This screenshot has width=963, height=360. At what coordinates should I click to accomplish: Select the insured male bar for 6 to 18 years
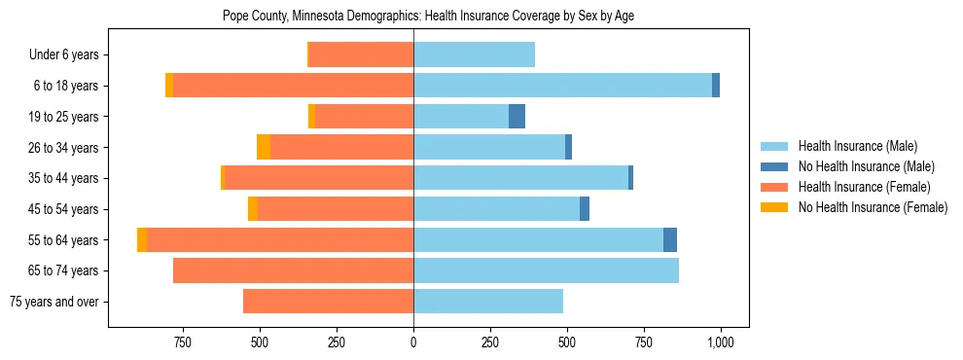(562, 86)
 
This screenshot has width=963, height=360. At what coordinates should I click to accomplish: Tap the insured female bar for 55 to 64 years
(280, 240)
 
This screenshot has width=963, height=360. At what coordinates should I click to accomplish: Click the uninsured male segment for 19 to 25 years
(517, 117)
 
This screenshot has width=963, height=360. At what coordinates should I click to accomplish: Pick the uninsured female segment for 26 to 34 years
(264, 147)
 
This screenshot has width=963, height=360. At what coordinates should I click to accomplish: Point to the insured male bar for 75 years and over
(488, 302)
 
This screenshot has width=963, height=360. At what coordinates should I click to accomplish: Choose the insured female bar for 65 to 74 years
(293, 270)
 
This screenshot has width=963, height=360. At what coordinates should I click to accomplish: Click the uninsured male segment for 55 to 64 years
(670, 240)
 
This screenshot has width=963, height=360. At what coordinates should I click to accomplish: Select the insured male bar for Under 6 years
(474, 54)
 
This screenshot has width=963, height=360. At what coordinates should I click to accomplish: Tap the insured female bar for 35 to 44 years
(319, 178)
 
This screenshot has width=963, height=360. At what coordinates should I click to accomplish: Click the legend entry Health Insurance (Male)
(857, 146)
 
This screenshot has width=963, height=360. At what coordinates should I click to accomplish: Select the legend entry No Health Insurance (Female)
(873, 207)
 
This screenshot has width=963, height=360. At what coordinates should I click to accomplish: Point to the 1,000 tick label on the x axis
(721, 342)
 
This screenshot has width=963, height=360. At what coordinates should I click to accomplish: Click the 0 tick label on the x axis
(413, 342)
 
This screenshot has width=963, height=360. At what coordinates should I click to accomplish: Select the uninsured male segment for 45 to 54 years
(585, 209)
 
